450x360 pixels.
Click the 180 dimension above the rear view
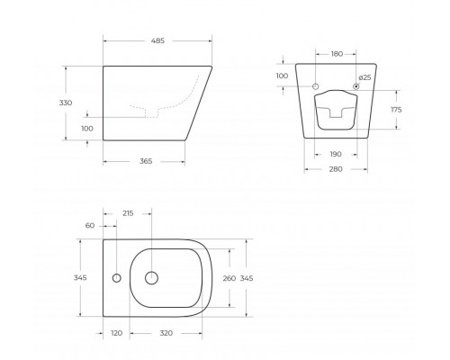[x=337, y=55]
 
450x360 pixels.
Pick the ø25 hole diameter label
[x=365, y=77]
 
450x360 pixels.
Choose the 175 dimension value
[x=394, y=109]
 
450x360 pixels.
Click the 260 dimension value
[x=229, y=278]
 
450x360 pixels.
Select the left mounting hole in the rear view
[x=317, y=86]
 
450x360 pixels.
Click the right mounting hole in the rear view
[x=356, y=86]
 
